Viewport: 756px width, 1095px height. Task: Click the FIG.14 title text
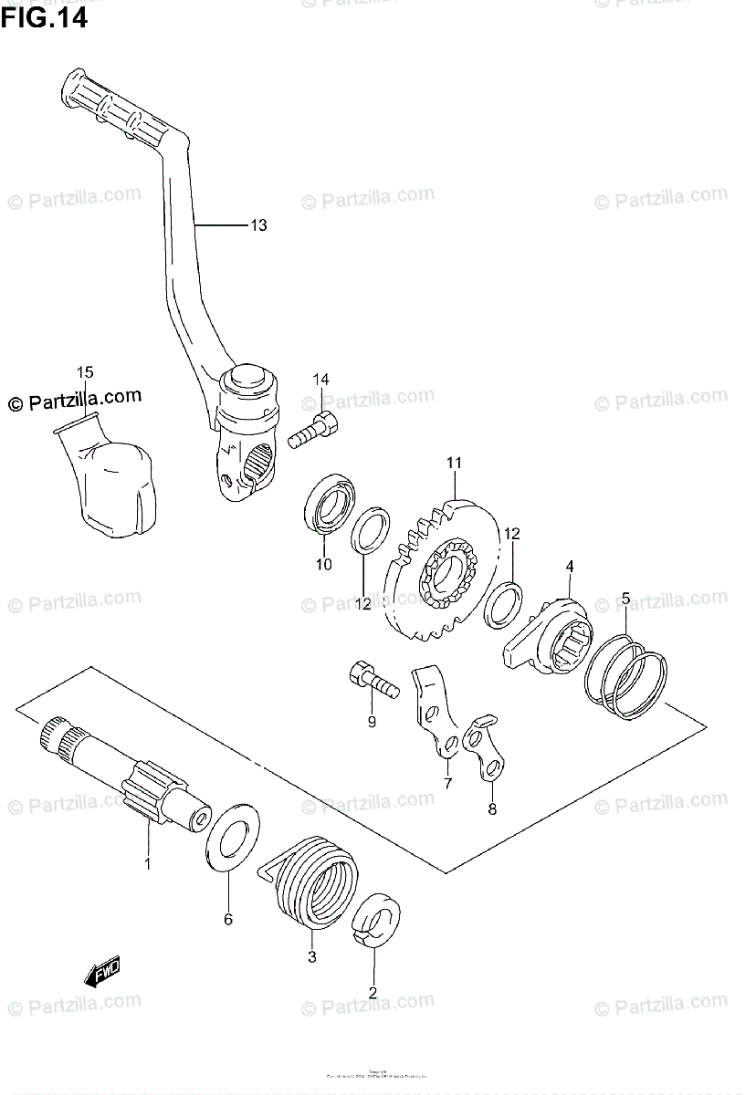[x=45, y=18]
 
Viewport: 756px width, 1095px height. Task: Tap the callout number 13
[x=258, y=225]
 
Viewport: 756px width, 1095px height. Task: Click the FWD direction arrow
[x=102, y=974]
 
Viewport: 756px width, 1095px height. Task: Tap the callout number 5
[x=625, y=599]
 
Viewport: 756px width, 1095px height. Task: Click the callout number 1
[x=147, y=861]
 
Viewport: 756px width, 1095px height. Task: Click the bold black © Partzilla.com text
[x=75, y=399]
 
